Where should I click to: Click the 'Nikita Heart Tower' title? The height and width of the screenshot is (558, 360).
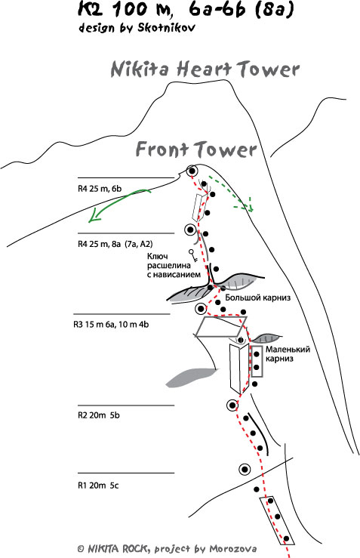tap(205, 69)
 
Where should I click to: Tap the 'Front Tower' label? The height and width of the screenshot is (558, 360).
tap(196, 149)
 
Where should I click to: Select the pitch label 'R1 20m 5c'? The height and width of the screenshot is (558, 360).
tap(98, 486)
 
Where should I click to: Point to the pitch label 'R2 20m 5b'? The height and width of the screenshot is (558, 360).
tap(99, 415)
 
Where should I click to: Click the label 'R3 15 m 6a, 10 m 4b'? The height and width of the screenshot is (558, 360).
tap(111, 325)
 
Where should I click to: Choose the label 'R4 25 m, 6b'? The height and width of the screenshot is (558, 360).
tap(100, 189)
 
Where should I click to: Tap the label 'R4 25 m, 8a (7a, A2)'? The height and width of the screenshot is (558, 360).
tap(115, 244)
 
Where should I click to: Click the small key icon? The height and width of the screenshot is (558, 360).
tap(192, 255)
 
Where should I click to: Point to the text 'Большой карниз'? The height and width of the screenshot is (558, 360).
tap(257, 297)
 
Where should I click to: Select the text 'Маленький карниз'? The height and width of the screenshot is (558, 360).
tap(288, 353)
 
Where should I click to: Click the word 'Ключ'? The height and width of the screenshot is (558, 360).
tap(157, 257)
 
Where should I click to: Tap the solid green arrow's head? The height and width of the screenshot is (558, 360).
tap(94, 217)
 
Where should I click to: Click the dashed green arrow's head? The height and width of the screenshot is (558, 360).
tap(250, 205)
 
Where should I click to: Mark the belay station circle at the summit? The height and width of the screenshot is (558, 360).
tap(192, 171)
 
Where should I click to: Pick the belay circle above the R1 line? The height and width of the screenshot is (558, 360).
tap(245, 470)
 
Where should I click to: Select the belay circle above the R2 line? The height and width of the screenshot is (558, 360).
tap(232, 405)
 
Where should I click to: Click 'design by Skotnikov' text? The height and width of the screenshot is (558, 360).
tap(137, 28)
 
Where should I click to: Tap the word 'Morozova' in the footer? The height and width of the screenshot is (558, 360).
tap(233, 548)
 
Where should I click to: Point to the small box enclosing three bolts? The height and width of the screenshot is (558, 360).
tap(257, 362)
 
